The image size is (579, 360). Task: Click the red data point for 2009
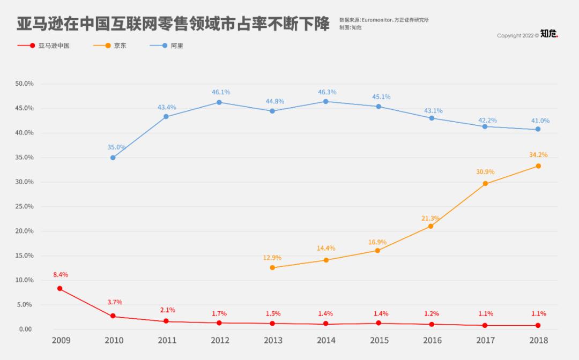pos(60,289)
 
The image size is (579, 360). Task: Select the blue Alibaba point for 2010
pos(113,157)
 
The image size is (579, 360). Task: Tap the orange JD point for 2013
pos(272,267)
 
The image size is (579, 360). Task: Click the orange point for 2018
pos(538,166)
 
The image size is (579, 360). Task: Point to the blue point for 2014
pos(325,101)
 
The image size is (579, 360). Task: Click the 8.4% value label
pos(61,275)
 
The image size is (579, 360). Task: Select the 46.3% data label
pos(327,92)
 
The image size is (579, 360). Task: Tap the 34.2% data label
pos(538,155)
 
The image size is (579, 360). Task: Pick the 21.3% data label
pos(430,218)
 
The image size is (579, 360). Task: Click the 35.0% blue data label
pos(116,147)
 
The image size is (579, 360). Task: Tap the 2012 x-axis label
pos(220,341)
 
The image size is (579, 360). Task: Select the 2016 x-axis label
pos(432,341)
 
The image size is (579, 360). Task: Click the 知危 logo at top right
pos(549,34)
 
